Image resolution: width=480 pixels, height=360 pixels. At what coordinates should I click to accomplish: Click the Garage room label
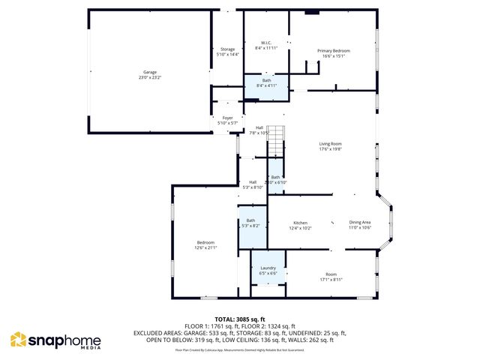pyautogui.click(x=150, y=72)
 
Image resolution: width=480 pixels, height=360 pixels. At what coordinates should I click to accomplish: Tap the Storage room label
pyautogui.click(x=226, y=49)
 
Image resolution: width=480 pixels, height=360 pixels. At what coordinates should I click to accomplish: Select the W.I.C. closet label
pyautogui.click(x=266, y=43)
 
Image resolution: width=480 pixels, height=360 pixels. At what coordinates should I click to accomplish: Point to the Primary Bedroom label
pyautogui.click(x=336, y=50)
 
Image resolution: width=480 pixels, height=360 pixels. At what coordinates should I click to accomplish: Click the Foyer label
pyautogui.click(x=226, y=118)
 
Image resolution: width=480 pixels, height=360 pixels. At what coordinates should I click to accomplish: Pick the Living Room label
pyautogui.click(x=331, y=143)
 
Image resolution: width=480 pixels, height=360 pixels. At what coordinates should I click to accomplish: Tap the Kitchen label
pyautogui.click(x=301, y=222)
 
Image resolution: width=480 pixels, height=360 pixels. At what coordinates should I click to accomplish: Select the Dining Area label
pyautogui.click(x=360, y=222)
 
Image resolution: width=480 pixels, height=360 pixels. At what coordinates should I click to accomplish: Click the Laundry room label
pyautogui.click(x=268, y=268)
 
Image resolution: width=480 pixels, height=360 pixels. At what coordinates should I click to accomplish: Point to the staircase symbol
pyautogui.click(x=277, y=139)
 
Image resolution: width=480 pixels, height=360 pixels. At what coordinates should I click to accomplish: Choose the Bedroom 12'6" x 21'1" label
pyautogui.click(x=205, y=242)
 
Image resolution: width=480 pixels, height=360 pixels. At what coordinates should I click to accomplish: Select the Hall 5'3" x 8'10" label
pyautogui.click(x=253, y=182)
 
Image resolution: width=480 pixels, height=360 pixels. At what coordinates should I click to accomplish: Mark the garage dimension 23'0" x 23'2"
pyautogui.click(x=150, y=77)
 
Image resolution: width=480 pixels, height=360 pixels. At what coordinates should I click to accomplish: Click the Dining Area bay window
pyautogui.click(x=387, y=221)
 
